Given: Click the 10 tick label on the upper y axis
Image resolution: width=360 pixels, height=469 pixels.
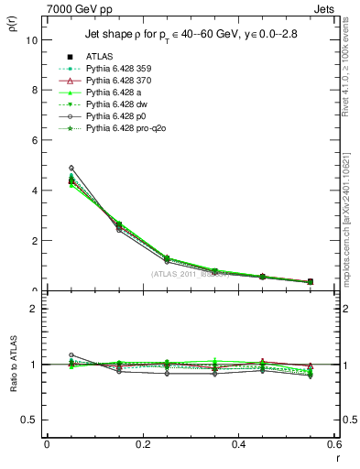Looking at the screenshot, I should point(31,40).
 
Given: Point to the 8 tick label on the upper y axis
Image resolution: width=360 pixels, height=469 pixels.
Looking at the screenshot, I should point(34,91).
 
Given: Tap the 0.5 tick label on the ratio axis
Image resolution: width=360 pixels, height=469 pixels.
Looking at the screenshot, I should point(29,420).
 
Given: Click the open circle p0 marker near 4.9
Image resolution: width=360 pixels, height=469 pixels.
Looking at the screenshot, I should point(71,168).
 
